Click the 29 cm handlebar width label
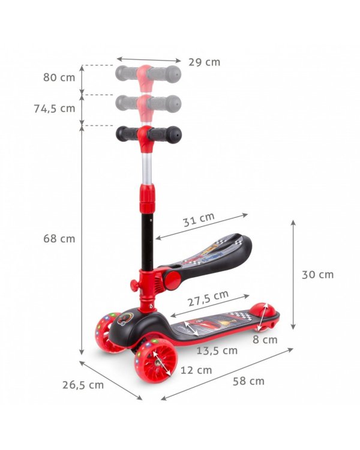(204, 62)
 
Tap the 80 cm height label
(59, 77)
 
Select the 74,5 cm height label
(55, 109)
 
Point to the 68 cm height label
(59, 238)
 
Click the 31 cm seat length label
(199, 220)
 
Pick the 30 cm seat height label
(317, 275)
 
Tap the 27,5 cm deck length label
(208, 298)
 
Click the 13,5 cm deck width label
(217, 350)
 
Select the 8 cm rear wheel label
(265, 340)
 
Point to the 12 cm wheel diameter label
(196, 370)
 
